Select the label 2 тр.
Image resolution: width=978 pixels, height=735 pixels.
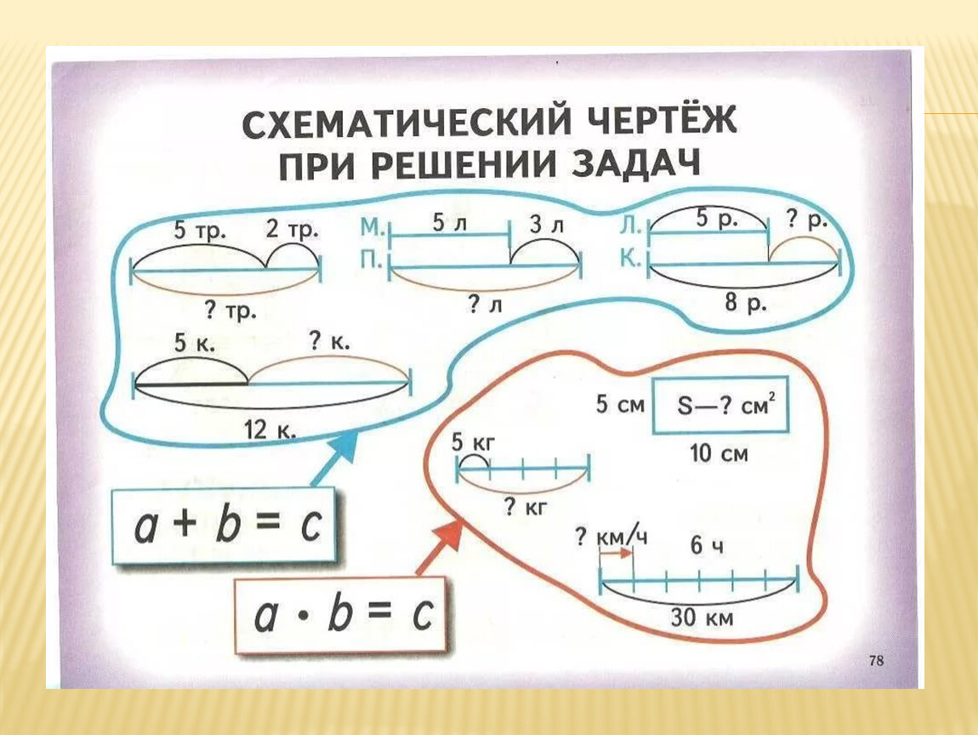click(292, 229)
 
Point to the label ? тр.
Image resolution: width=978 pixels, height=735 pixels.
click(230, 311)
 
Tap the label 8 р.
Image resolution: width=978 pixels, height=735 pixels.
click(746, 302)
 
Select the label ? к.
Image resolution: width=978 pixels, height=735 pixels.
click(329, 342)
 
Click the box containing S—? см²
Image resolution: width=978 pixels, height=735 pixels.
click(720, 405)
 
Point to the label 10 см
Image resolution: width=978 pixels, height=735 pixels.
click(719, 453)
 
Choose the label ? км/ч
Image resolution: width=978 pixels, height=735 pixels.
click(611, 538)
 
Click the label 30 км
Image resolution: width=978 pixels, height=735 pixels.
click(702, 618)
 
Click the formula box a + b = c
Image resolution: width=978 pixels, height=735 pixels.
click(225, 527)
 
